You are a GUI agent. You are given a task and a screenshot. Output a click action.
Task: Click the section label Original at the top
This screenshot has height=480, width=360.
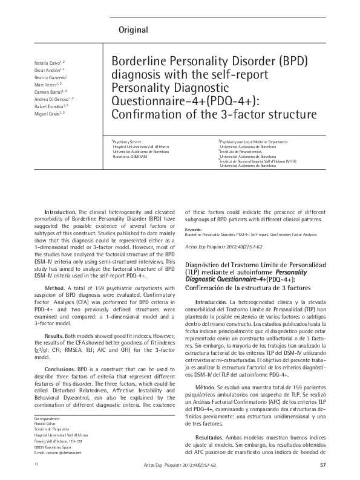(x=133, y=30)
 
